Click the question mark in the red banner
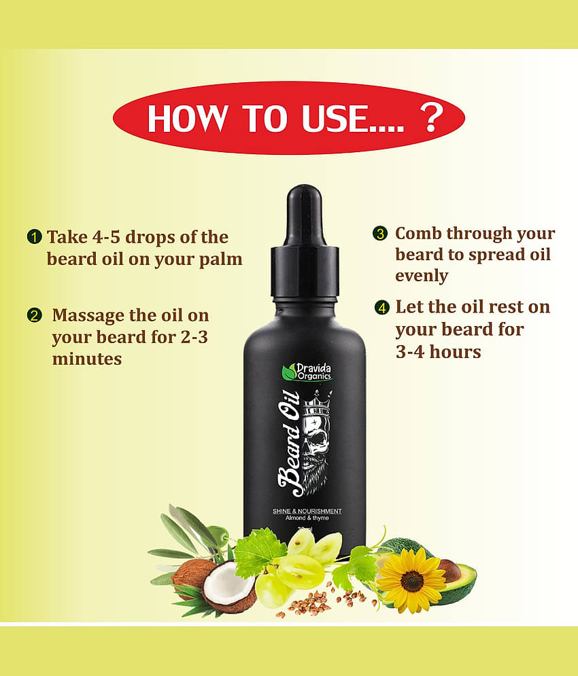click(x=430, y=118)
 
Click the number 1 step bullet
click(x=33, y=237)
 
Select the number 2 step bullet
click(x=33, y=315)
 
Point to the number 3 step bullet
click(x=380, y=233)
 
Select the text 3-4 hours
click(x=438, y=351)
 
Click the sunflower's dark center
click(x=411, y=581)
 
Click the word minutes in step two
click(x=86, y=359)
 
